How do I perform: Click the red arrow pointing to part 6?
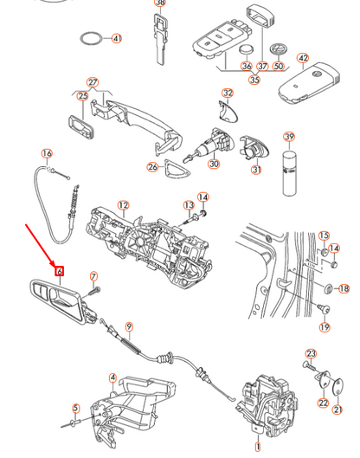[x=40, y=244]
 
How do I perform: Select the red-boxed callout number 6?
[x=59, y=270]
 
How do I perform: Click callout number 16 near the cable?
[x=48, y=154]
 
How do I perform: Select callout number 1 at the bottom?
[x=256, y=448]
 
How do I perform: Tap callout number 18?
[x=344, y=288]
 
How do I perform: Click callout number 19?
[x=325, y=327]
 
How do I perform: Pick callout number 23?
[x=312, y=353]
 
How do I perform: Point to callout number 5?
[x=75, y=408]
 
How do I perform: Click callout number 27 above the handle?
[x=93, y=82]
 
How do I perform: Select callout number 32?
[x=228, y=93]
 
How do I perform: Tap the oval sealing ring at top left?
[x=91, y=39]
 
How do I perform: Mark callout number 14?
[x=203, y=197]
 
